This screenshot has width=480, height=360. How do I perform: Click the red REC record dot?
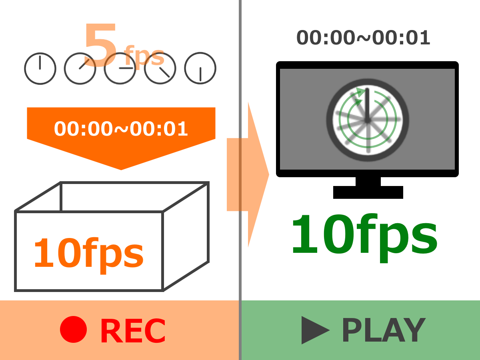(73, 329)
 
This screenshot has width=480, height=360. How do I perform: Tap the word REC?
(133, 331)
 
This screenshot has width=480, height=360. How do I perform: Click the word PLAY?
(384, 330)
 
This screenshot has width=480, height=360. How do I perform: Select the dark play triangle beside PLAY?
(315, 330)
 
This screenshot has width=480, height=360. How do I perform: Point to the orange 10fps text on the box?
(89, 255)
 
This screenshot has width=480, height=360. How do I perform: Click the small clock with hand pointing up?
(40, 68)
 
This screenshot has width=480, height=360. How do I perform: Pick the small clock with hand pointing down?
(200, 68)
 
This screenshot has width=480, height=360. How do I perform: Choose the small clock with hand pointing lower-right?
(160, 68)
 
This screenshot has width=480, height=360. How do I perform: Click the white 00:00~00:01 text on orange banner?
(121, 129)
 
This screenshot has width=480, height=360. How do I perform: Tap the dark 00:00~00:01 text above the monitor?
(363, 38)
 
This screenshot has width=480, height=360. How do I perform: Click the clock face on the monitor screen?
(368, 120)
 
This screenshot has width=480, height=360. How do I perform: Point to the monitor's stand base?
(368, 192)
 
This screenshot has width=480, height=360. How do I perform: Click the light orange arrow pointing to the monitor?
(248, 174)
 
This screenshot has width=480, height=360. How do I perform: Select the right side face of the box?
(186, 236)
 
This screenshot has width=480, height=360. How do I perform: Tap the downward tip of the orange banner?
(121, 170)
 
